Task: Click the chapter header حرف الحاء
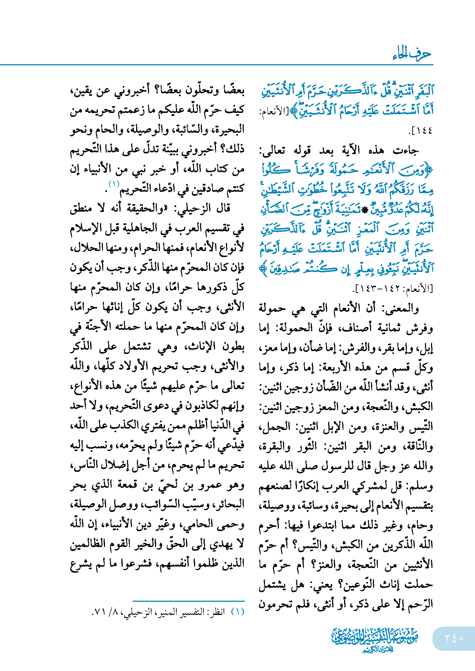coord(412,54)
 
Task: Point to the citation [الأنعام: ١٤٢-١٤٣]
coord(393,288)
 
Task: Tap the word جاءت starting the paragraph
coord(406,151)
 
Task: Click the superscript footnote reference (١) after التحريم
coord(114,184)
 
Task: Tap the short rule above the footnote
coord(188,601)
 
